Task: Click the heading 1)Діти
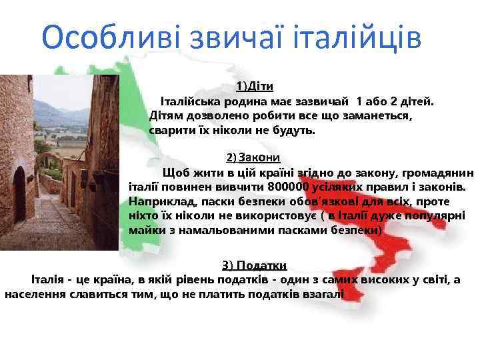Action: [255, 87]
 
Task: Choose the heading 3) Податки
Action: [254, 265]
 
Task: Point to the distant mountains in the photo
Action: [60, 110]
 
